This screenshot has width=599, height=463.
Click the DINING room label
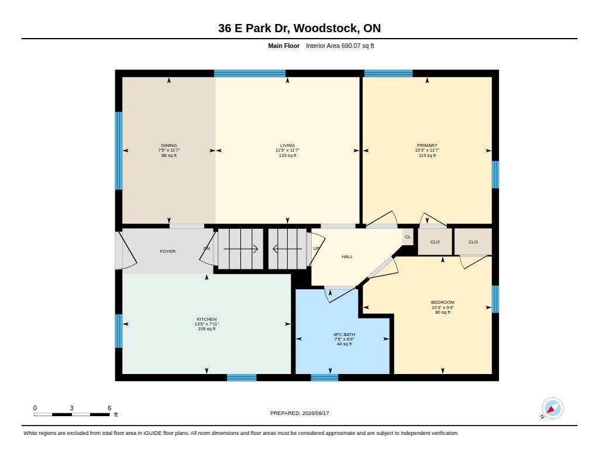click(x=169, y=145)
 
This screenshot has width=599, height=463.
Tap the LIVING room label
click(x=287, y=145)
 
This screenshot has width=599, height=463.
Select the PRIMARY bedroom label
click(x=427, y=145)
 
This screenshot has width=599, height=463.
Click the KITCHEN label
click(x=206, y=319)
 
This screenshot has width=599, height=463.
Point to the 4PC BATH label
click(x=344, y=335)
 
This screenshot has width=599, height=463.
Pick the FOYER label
click(x=168, y=251)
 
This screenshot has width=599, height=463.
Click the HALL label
click(x=347, y=256)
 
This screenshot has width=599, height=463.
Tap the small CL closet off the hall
click(x=408, y=236)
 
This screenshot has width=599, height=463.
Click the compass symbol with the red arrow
click(x=552, y=409)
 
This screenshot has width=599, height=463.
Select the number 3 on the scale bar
click(x=71, y=408)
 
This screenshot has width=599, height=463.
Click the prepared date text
click(x=299, y=413)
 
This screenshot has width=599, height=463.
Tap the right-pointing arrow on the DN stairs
click(x=240, y=249)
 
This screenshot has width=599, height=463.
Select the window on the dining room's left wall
click(x=119, y=150)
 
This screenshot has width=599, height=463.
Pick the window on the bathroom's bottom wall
click(x=325, y=378)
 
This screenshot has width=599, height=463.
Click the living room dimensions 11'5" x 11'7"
click(x=287, y=150)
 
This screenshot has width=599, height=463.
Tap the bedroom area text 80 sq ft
click(x=443, y=313)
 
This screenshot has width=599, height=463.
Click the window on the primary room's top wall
click(x=388, y=73)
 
